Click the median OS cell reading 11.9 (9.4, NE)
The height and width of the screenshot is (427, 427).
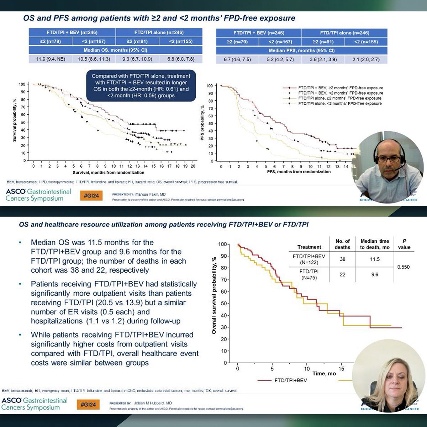click(51, 59)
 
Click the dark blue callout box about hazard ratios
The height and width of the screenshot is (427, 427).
click(141, 86)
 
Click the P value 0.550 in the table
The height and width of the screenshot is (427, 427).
click(403, 267)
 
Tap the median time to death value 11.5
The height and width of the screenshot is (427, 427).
click(374, 259)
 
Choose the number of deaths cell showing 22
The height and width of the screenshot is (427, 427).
click(342, 274)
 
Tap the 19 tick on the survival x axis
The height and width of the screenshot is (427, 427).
click(185, 166)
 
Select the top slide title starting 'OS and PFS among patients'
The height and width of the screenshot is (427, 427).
click(159, 18)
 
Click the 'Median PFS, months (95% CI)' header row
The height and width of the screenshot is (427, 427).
click(301, 51)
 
